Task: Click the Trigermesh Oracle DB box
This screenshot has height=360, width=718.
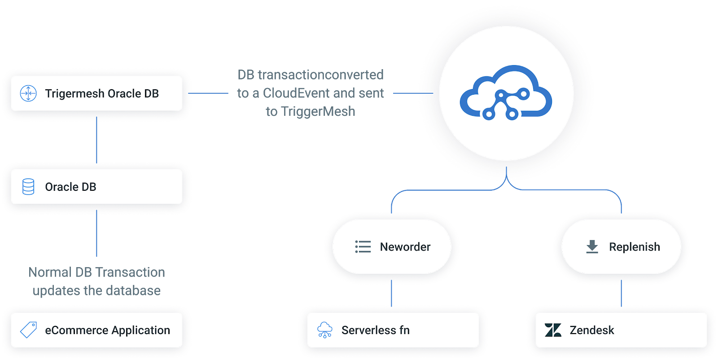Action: [96, 93]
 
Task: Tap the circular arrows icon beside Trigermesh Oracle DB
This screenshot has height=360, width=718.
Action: [28, 93]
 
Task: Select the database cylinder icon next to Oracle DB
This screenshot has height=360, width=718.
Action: [28, 187]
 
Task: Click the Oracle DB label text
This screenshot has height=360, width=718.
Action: [70, 187]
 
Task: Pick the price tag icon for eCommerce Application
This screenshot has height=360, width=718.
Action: [28, 330]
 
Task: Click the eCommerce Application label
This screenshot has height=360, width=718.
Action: [107, 330]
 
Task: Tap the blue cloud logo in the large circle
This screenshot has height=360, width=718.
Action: [506, 93]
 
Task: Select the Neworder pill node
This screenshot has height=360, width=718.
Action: [392, 247]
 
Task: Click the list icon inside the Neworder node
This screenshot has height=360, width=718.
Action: [363, 247]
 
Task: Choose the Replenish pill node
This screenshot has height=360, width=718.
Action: [621, 247]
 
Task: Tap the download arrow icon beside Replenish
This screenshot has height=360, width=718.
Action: [592, 246]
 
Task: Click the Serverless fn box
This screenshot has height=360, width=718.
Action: [393, 330]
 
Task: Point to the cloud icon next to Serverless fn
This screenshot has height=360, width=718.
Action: [324, 330]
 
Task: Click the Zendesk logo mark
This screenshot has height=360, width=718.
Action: [553, 330]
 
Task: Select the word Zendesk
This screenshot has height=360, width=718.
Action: [591, 330]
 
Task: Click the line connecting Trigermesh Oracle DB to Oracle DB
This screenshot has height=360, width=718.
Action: [97, 140]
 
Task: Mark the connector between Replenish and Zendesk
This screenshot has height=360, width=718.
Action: [621, 293]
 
